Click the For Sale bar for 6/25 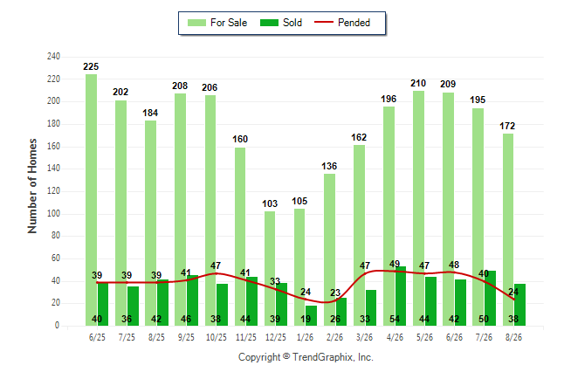tap(91, 200)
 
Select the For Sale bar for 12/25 tap(270, 268)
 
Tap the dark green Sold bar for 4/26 tap(401, 296)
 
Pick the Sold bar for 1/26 tap(311, 315)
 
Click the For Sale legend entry tap(217, 23)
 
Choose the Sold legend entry tap(281, 23)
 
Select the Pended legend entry tap(342, 23)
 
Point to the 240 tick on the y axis tap(53, 56)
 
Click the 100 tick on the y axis tap(53, 213)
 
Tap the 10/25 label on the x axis tap(217, 337)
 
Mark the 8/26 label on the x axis tap(513, 337)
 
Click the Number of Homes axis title tap(32, 186)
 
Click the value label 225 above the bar tap(91, 66)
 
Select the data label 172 tap(507, 126)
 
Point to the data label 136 tap(329, 166)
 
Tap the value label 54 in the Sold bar tap(395, 319)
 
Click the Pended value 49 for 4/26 tap(395, 264)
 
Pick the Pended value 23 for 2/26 tap(335, 293)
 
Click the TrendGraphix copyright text tap(306, 357)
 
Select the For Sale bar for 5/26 tap(419, 208)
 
